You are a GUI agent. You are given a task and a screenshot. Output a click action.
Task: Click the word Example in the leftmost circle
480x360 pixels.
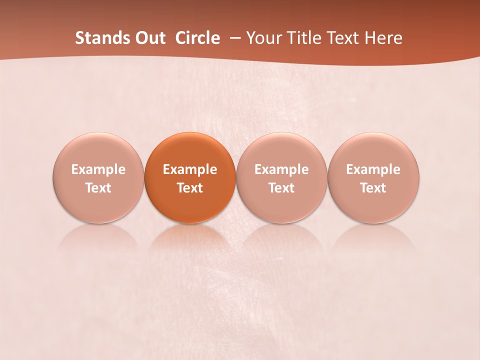click(x=98, y=169)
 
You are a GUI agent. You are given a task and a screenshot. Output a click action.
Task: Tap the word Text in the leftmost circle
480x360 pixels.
click(x=98, y=188)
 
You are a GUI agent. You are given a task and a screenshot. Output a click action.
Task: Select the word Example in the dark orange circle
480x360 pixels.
click(x=190, y=169)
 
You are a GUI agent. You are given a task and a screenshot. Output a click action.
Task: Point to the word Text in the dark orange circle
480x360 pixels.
click(x=190, y=188)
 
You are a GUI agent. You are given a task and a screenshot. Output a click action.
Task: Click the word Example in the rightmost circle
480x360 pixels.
click(x=373, y=169)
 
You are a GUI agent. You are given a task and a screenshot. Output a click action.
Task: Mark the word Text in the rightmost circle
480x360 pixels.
click(x=373, y=188)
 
